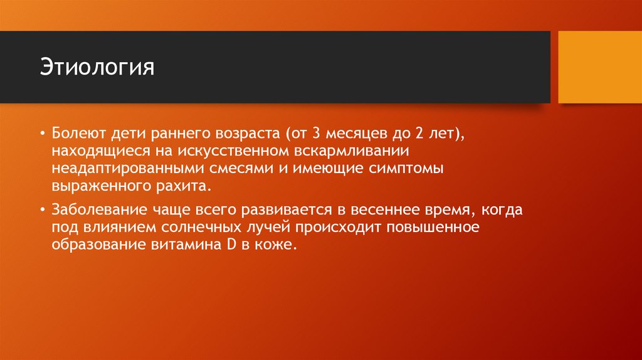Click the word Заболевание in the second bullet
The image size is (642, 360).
point(91,209)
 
